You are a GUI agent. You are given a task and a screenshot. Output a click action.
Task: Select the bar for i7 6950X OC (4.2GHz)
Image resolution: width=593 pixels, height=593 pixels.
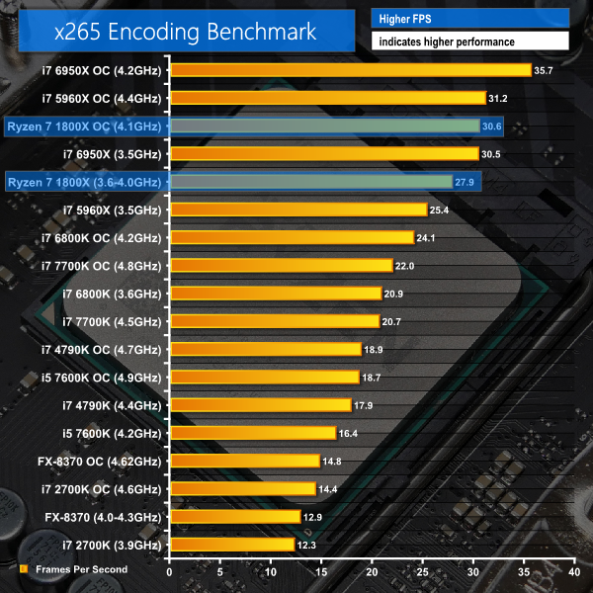point(351,70)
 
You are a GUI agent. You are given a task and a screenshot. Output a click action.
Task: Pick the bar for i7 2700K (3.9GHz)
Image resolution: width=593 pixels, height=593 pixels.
point(232,545)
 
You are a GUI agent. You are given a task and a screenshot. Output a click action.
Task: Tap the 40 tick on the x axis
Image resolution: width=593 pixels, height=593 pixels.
point(574,572)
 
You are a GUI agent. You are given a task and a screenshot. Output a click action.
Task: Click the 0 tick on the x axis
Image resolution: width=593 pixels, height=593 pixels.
point(170,572)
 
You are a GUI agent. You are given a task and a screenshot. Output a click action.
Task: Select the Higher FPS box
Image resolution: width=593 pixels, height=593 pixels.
point(469,17)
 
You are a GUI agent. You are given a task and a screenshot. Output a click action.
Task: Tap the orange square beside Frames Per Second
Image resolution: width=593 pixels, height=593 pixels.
point(23,568)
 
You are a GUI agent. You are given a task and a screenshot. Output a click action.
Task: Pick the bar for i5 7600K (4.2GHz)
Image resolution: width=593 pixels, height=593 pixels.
point(253,433)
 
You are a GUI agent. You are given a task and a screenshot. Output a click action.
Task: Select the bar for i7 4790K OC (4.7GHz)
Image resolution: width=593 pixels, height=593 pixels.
point(266,349)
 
